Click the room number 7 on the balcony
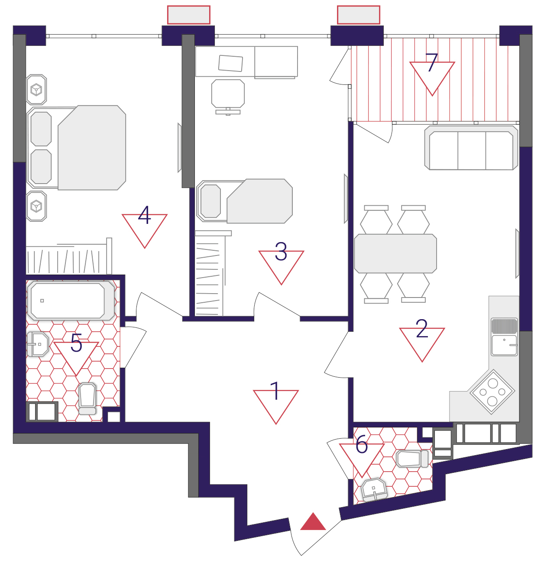coord(431,62)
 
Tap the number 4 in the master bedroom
coord(144,215)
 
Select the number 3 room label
coord(281,251)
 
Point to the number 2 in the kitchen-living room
coord(422,328)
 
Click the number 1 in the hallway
coord(275,391)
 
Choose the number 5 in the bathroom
coord(77,343)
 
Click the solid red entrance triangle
coord(313,522)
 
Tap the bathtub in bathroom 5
coord(71,301)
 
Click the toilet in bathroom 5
coord(87,398)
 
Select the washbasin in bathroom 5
coord(38,344)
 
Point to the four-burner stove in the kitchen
coord(492,392)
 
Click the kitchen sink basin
coord(504,345)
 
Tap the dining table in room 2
coord(395,253)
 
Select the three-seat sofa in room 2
coord(471,148)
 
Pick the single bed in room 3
coord(244,201)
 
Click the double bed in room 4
coord(77,148)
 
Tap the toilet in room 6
coord(412,459)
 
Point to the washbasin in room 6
coord(374,490)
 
